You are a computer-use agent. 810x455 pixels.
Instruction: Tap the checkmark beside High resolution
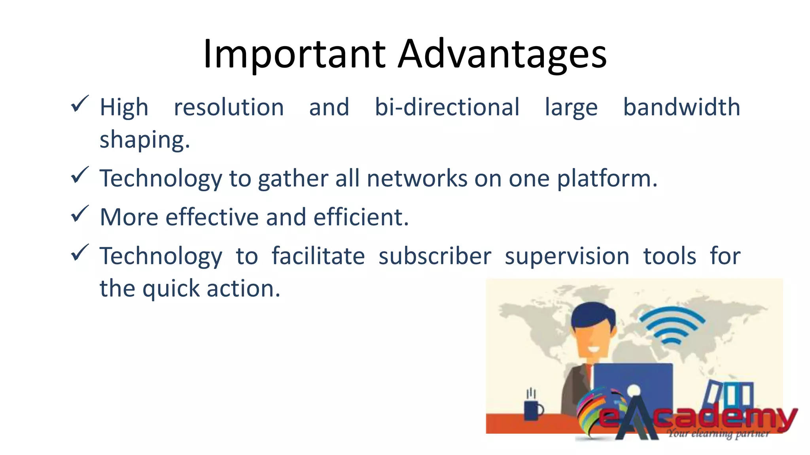[x=79, y=104]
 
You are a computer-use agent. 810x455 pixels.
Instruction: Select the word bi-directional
[x=447, y=107]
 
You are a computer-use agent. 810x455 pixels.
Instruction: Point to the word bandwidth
[x=681, y=107]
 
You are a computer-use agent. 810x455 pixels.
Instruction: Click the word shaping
[x=144, y=140]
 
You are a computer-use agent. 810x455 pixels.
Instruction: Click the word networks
[x=417, y=178]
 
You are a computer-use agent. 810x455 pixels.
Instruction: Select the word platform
[x=607, y=179]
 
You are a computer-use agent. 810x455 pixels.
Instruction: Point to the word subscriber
[x=435, y=256]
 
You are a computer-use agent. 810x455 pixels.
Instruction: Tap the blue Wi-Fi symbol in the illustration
[x=671, y=326]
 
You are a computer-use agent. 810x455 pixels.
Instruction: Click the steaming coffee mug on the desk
[x=532, y=409]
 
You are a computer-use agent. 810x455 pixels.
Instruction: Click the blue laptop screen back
[x=633, y=379]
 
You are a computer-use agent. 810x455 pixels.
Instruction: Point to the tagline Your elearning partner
[x=718, y=434]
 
